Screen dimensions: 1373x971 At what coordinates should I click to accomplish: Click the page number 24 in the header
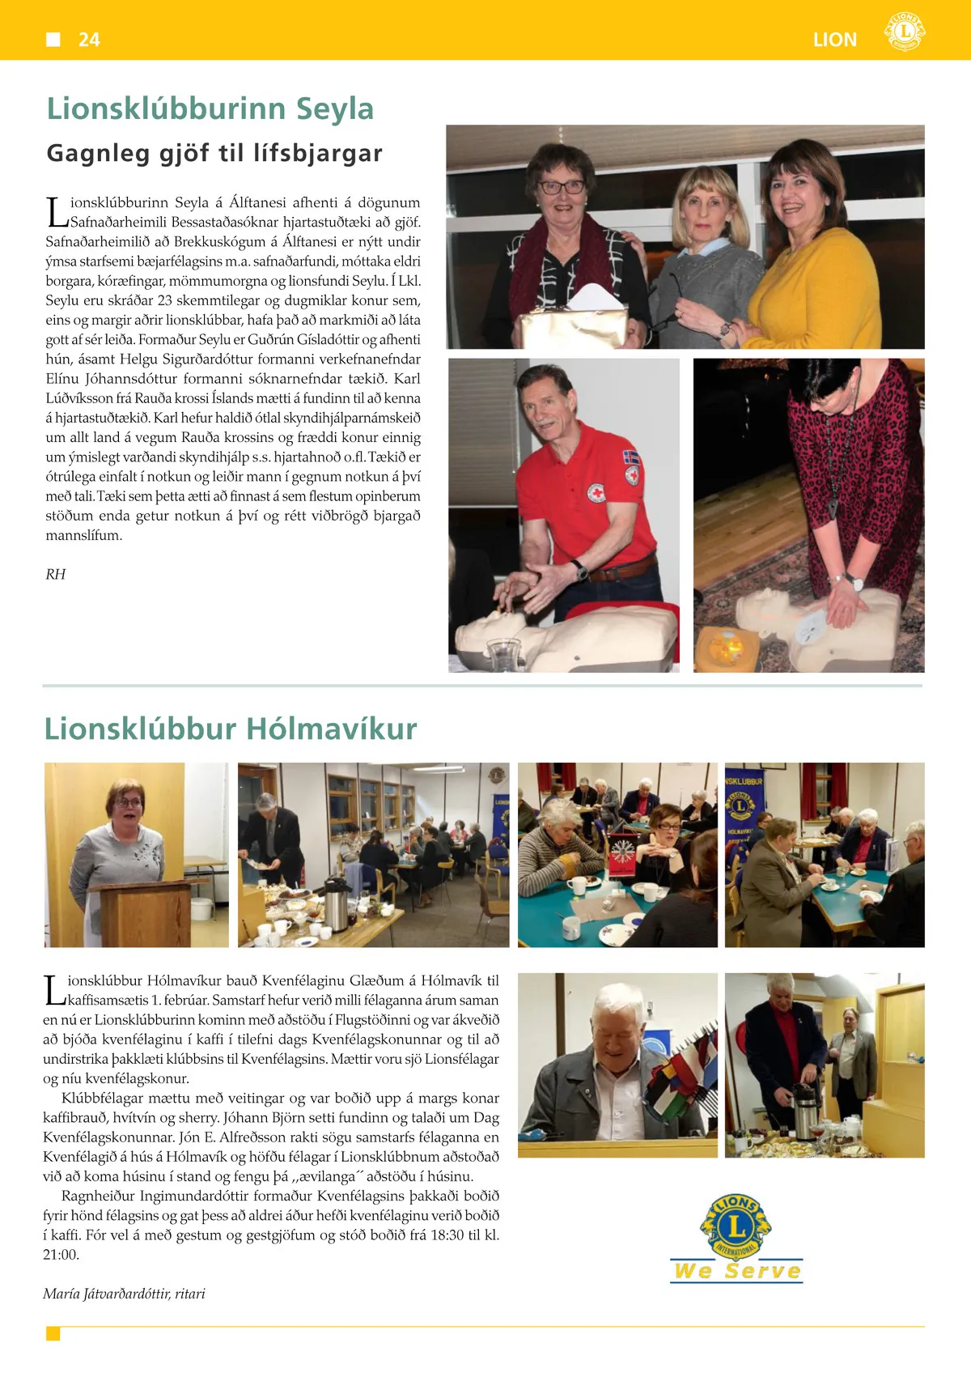[89, 40]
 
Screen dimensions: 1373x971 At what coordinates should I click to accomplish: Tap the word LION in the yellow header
[835, 40]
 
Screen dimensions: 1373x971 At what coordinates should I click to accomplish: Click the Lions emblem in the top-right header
[905, 32]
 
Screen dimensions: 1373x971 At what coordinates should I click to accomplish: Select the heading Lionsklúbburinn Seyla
[210, 108]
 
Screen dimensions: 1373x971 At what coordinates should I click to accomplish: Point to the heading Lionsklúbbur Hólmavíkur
[231, 729]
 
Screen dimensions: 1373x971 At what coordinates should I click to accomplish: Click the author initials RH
[55, 574]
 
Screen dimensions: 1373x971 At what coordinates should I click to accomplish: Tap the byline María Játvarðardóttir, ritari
[124, 1294]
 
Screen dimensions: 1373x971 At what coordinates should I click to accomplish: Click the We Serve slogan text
[737, 1271]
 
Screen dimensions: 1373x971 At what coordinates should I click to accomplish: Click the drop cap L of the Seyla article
[56, 213]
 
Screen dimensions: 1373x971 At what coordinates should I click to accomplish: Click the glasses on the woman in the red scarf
[562, 186]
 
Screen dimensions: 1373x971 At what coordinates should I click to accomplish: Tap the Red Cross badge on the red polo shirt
[596, 492]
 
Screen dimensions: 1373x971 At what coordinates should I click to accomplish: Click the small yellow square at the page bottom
[53, 1333]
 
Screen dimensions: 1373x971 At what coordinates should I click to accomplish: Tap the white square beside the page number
[53, 40]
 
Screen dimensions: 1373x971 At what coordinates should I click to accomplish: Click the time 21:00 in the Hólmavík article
[61, 1255]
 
